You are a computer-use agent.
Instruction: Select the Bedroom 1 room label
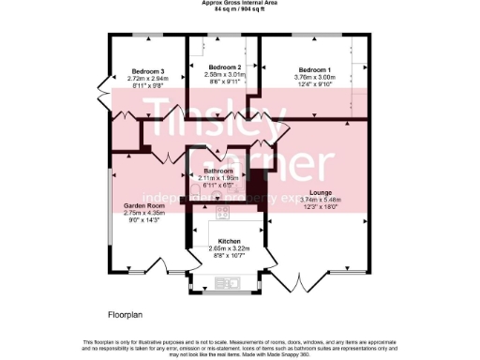point(315,70)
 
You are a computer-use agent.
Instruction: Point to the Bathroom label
point(217,171)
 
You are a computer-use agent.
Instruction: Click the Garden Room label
point(143,205)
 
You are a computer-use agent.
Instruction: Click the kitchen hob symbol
point(224,213)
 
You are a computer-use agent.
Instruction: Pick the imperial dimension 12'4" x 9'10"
point(315,85)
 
